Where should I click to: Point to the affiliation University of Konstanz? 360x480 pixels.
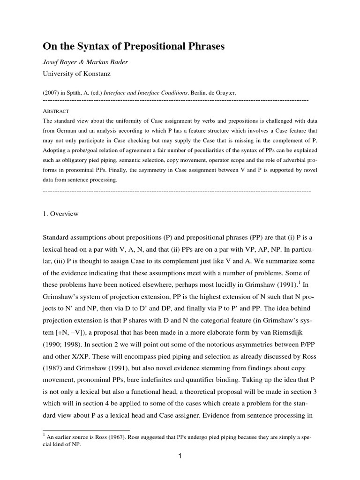click(x=78, y=73)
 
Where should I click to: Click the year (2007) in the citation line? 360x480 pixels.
click(x=51, y=93)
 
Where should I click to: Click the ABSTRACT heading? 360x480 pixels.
click(x=56, y=111)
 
